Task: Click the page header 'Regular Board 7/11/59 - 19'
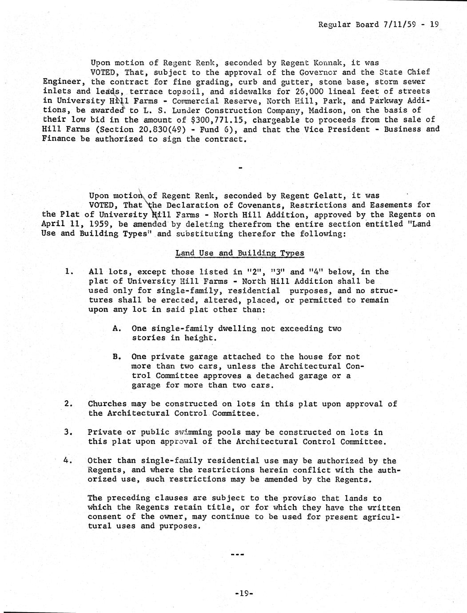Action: tap(379, 25)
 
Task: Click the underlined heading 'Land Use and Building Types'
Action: tap(239, 253)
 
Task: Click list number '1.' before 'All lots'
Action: tap(69, 272)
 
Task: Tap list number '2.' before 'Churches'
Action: tap(68, 404)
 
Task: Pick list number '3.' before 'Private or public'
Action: tap(68, 432)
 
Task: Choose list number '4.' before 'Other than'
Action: tap(68, 461)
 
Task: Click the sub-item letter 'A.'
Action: tap(117, 329)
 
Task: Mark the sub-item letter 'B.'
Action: tap(117, 357)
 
